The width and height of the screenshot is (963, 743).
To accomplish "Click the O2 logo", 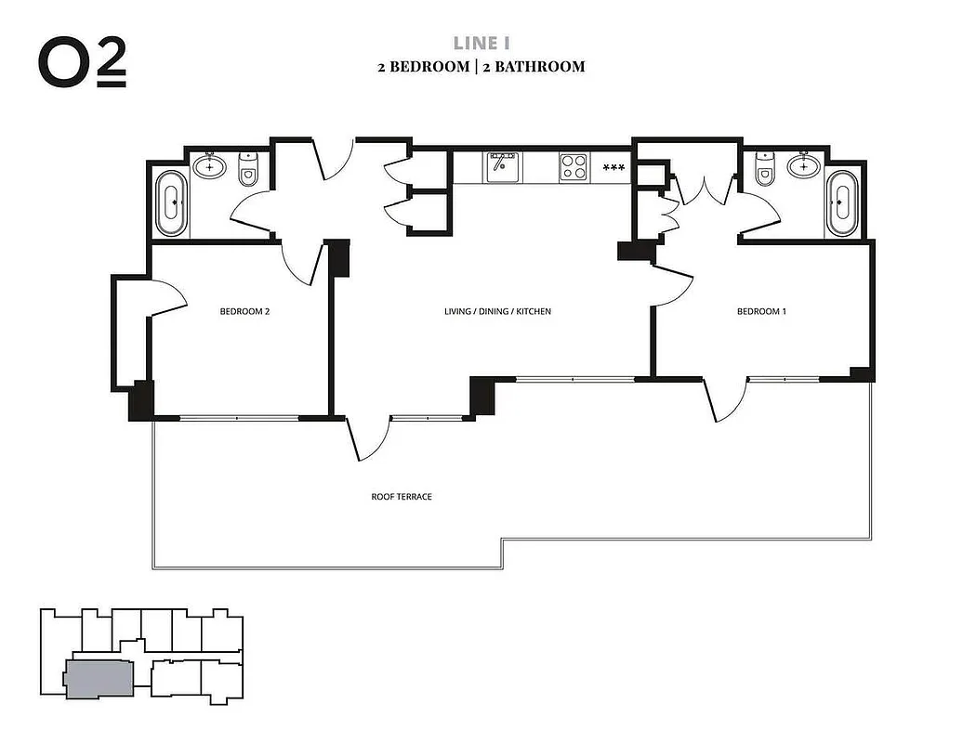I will [82, 63].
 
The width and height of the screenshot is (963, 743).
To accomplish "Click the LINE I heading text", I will [481, 43].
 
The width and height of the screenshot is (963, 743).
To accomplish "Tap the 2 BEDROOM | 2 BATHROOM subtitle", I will [481, 67].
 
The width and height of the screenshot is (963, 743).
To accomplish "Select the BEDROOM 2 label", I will [244, 312].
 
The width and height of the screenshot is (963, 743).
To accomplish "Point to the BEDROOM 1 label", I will [761, 312].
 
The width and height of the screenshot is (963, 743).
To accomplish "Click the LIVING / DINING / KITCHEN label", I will [497, 312].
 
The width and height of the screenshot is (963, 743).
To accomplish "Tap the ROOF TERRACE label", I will [402, 497].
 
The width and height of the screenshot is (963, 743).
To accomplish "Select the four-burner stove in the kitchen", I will [574, 167].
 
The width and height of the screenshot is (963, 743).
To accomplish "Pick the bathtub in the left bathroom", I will [171, 202].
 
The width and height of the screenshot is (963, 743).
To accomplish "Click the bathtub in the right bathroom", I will [841, 202].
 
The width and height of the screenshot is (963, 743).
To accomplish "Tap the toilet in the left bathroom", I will [248, 170].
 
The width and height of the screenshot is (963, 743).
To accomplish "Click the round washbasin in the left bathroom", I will [210, 167].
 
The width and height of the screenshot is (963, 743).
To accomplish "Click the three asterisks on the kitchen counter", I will [613, 168].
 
